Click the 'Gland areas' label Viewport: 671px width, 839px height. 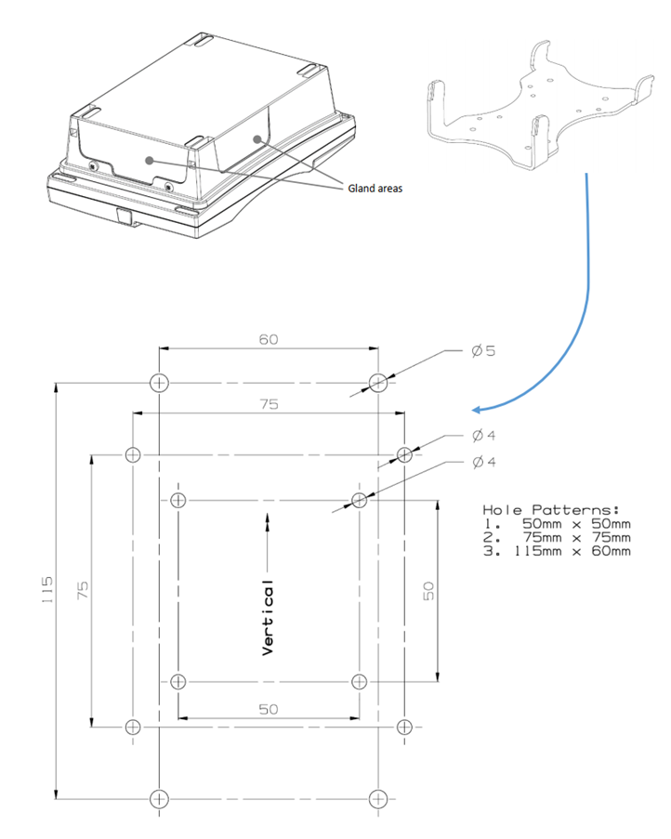(375, 189)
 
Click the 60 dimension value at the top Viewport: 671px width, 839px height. (269, 339)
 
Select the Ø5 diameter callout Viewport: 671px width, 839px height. (483, 351)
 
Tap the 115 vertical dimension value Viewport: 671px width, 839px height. (47, 590)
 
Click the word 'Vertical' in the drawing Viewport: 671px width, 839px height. (268, 619)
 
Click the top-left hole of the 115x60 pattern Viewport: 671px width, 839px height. (159, 382)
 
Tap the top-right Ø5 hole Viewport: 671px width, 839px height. (377, 382)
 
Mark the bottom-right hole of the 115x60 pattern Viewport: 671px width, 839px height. (377, 797)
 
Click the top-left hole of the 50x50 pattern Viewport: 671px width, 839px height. (178, 500)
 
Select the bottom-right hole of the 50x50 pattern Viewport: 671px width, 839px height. (360, 681)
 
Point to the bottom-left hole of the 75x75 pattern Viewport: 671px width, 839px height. (133, 726)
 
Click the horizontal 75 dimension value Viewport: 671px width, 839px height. (269, 404)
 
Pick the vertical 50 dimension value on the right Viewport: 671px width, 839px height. (428, 591)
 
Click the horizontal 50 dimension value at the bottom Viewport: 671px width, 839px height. (269, 709)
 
